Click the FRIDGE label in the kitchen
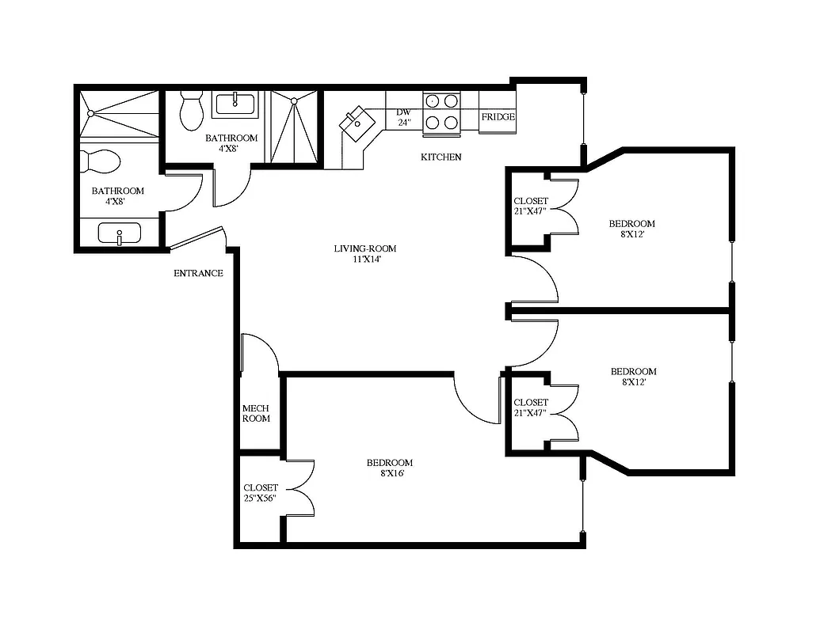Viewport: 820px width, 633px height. (x=498, y=117)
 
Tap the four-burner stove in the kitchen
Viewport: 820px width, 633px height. (x=442, y=112)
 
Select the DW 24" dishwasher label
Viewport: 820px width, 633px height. (x=404, y=117)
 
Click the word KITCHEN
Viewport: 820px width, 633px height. (x=441, y=157)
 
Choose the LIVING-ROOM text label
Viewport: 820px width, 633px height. (x=364, y=249)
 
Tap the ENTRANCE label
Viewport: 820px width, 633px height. (x=198, y=274)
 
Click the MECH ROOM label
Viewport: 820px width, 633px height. (x=256, y=413)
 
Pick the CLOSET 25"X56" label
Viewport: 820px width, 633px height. (x=261, y=493)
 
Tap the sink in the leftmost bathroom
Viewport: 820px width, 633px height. (x=119, y=233)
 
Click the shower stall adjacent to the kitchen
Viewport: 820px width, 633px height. (x=294, y=127)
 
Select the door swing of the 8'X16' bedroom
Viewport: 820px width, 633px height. (x=475, y=400)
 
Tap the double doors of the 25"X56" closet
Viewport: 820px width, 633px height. (x=301, y=488)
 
